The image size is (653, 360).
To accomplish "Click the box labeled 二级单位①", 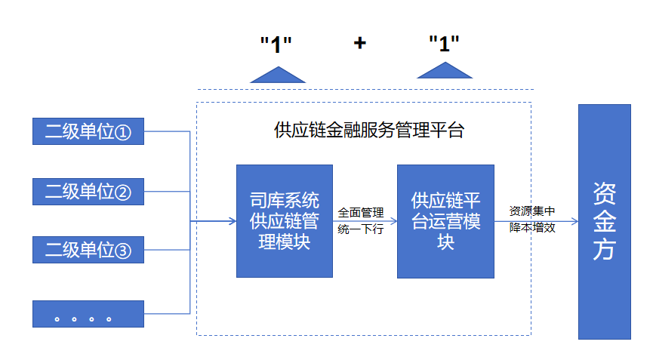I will point(88,132).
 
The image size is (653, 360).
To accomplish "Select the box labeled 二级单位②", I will point(88,191).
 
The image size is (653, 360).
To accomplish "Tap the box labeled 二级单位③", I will point(88,249).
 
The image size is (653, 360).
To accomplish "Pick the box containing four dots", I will point(88,314).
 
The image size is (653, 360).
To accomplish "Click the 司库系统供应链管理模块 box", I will point(284,221).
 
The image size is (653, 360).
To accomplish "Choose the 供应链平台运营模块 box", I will point(445,221).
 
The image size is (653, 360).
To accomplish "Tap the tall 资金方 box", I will point(604,221).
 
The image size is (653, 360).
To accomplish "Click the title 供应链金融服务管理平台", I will point(368,131).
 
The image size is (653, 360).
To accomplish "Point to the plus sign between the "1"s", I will point(360,43).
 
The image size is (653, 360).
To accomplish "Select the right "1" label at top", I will point(444,43).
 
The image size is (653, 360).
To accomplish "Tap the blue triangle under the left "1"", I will point(278,75).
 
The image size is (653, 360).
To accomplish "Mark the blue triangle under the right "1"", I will point(445,71).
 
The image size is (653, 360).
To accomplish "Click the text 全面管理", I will point(361,212).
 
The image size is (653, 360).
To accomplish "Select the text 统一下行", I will point(361,229).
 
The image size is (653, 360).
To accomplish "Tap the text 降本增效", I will point(532,227).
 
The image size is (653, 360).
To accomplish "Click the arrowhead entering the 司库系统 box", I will point(232,221).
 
